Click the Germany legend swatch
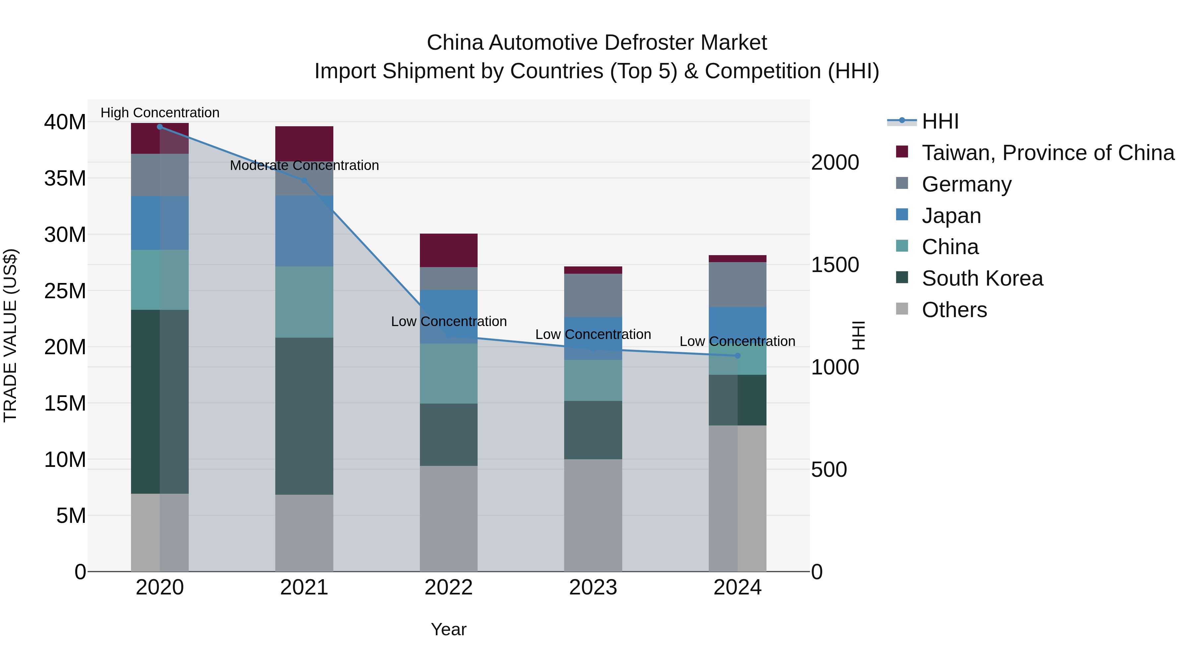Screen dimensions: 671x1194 pos(902,183)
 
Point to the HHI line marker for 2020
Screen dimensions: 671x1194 pos(160,127)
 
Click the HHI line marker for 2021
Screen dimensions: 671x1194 pos(304,181)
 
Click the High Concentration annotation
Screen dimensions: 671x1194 pos(160,113)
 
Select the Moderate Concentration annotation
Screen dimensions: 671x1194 pos(304,165)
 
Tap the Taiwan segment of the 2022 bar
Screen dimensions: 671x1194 pos(449,250)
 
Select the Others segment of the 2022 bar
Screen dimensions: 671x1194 pos(449,518)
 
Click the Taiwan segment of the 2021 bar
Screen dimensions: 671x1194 pos(304,143)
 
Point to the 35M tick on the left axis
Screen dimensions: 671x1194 pos(65,178)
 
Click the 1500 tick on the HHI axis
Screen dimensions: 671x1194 pos(835,265)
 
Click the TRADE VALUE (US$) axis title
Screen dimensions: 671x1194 pos(10,335)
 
